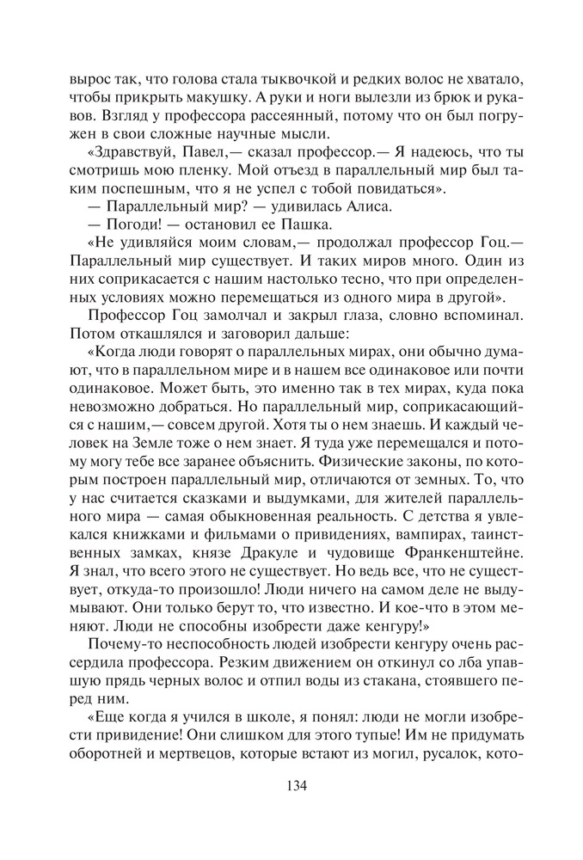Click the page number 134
click(x=291, y=784)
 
